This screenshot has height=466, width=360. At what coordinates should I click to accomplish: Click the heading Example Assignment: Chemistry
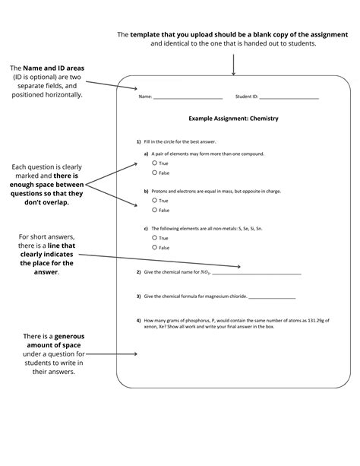[234, 119]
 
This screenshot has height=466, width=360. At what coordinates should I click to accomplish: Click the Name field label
[144, 97]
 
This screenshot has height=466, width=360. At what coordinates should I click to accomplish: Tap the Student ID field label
[247, 97]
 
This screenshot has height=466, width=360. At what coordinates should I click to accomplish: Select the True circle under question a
[155, 163]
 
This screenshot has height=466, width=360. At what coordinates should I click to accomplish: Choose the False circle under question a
[155, 173]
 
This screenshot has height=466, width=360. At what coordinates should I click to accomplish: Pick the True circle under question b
[155, 201]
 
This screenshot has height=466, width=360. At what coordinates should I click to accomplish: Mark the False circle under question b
[155, 210]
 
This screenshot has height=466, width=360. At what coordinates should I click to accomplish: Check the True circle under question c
[155, 238]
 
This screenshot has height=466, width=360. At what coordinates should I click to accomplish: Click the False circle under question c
[155, 247]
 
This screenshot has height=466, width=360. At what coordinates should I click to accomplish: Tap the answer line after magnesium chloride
[271, 296]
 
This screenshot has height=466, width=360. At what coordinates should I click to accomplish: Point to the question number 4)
[139, 320]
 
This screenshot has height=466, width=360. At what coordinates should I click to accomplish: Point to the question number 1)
[139, 142]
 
